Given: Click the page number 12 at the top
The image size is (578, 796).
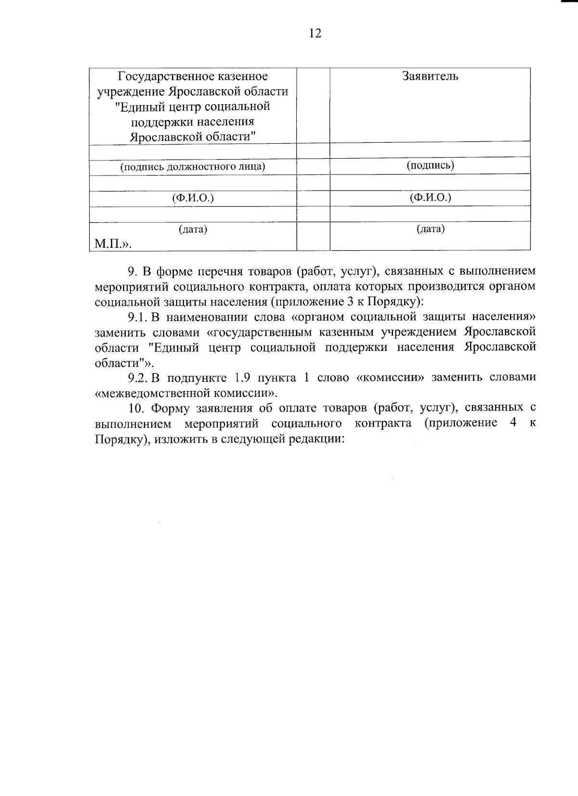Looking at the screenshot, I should tap(315, 33).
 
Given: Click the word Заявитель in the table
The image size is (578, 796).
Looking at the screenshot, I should tap(430, 76).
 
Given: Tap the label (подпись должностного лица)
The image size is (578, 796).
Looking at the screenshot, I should tap(193, 167).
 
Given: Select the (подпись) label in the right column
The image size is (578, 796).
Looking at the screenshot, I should tap(430, 165).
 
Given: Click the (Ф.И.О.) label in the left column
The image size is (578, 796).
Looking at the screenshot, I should tap(193, 198).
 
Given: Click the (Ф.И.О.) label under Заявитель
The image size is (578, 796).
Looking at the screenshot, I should tap(430, 197).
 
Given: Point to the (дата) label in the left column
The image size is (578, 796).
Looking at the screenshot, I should tap(193, 229).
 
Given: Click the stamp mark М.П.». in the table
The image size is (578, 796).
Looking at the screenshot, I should tap(113, 244).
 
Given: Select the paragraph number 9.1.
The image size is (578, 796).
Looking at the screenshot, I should tap(137, 317).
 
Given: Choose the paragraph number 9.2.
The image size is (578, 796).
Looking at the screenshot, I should tap(137, 378).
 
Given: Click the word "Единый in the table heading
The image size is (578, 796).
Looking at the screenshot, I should tap(143, 106).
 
